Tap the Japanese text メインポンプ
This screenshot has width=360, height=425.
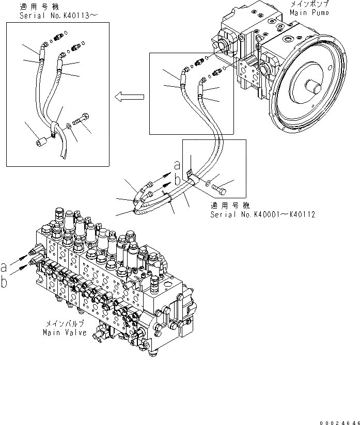[309, 4]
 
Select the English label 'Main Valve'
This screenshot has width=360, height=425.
[62, 333]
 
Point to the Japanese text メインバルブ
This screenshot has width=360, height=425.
[62, 325]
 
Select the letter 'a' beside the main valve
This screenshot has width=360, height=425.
[5, 267]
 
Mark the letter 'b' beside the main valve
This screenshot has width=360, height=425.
[5, 281]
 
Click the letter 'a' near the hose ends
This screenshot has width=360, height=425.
[177, 165]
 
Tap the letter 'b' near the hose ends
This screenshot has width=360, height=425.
[178, 180]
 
